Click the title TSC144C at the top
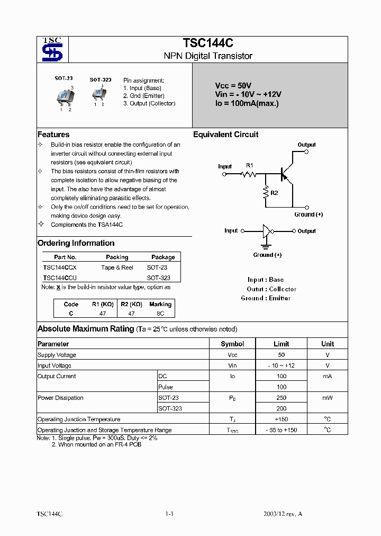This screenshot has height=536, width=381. (208, 43)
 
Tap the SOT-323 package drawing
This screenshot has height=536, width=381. (98, 94)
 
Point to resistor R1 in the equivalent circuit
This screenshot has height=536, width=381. (249, 174)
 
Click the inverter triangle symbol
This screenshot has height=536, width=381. (268, 231)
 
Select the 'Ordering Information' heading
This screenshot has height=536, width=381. (76, 243)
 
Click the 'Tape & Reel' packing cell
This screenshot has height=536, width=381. (117, 267)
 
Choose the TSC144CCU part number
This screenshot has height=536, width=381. (60, 278)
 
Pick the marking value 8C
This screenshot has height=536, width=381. (160, 314)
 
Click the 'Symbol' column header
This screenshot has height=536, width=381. (232, 344)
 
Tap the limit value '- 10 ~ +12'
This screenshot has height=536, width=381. (281, 365)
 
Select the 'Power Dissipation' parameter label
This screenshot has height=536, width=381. (60, 398)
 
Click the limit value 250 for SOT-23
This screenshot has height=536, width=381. (281, 398)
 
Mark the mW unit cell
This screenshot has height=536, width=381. (328, 398)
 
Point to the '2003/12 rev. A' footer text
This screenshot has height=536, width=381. (283, 514)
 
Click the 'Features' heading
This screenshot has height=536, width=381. (53, 135)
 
